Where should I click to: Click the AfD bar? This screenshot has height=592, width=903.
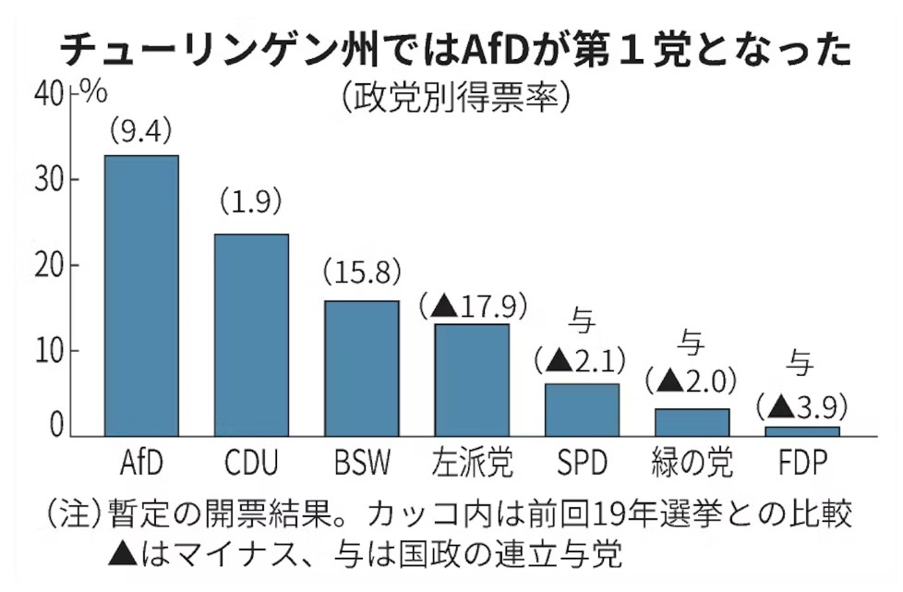point(141,296)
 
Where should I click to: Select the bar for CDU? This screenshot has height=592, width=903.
point(251,334)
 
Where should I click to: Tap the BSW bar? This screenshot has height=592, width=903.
point(361,368)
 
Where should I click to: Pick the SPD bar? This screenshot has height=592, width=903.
point(582,409)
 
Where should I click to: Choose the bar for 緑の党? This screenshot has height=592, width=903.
point(692,421)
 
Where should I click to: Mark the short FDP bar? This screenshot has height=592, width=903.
point(802,430)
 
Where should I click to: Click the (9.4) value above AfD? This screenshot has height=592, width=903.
point(140,132)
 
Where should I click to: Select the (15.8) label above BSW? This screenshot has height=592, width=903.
point(361,273)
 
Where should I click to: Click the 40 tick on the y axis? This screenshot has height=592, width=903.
point(51,94)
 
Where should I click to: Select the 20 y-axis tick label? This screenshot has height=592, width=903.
point(51,266)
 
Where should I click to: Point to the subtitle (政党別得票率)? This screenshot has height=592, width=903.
point(451,96)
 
